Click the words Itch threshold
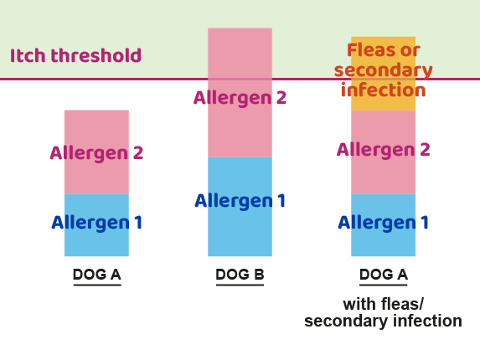click(x=75, y=56)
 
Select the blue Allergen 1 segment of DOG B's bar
click(x=240, y=226)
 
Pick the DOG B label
click(x=240, y=275)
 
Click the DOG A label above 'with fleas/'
click(x=383, y=275)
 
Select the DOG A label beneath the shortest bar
click(x=96, y=275)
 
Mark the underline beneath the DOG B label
click(x=240, y=285)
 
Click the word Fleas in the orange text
click(x=371, y=50)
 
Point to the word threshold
click(x=101, y=56)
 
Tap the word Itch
click(x=27, y=56)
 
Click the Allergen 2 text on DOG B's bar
click(x=240, y=98)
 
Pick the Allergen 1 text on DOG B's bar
click(x=240, y=201)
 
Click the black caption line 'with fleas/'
click(x=383, y=304)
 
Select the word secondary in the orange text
click(x=383, y=70)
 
